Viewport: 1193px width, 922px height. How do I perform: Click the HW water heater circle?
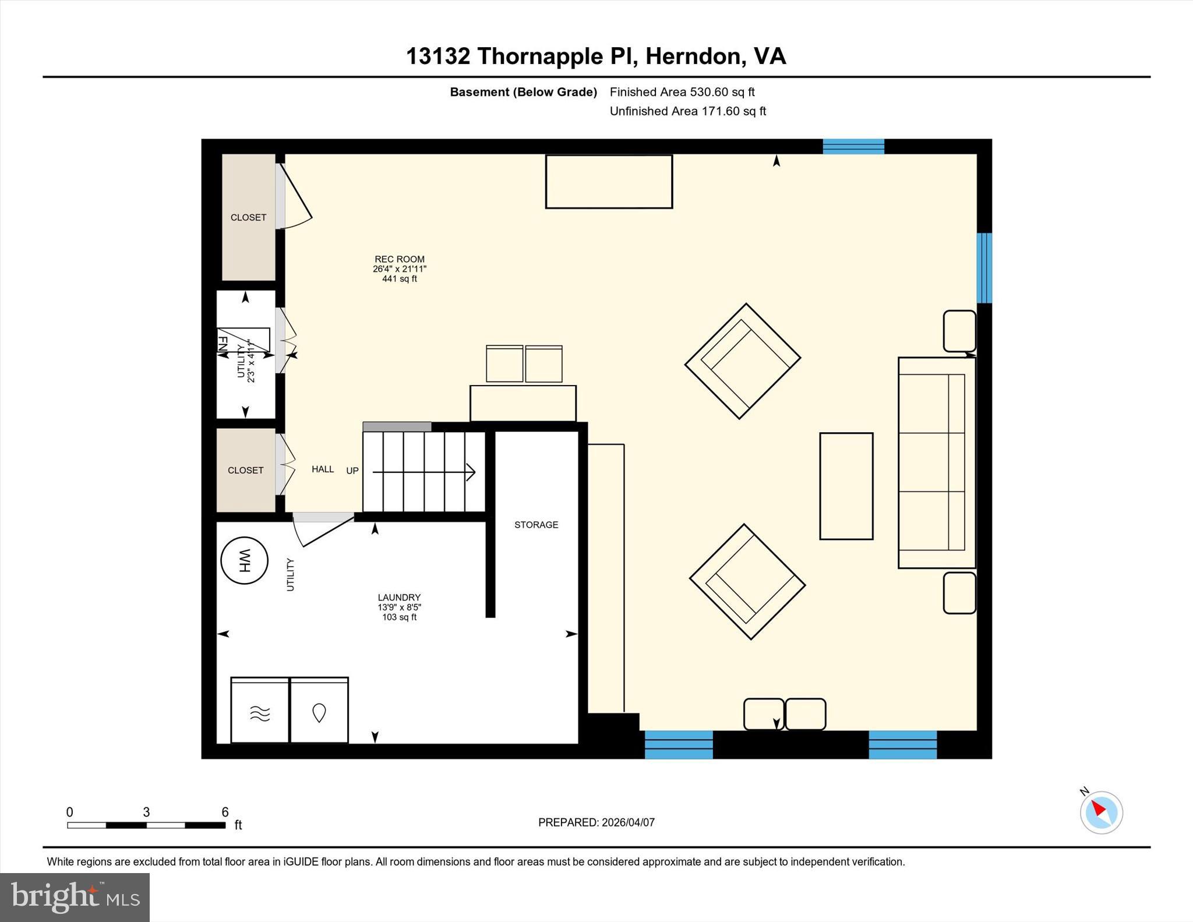pos(244,560)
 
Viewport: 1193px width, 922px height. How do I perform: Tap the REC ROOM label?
pos(400,259)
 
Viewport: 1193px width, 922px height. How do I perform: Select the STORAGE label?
pos(536,525)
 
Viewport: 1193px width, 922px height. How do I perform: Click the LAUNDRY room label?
pos(399,598)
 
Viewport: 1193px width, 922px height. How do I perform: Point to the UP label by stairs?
pos(352,471)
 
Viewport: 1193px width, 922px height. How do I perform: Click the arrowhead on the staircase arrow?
pos(471,472)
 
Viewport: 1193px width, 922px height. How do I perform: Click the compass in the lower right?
pos(1101,813)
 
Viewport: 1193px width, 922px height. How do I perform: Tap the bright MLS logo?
pos(75,897)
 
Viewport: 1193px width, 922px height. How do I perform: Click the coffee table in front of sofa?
pos(846,486)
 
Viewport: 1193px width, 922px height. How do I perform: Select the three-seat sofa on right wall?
pos(936,462)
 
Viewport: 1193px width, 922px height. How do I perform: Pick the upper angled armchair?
pos(743,361)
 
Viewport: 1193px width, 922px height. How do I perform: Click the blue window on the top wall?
pos(853,146)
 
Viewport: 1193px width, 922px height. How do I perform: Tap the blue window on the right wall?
pos(984,268)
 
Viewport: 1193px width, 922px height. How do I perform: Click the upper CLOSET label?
pos(248,217)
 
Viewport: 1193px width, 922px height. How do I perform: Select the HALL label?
pos(323,469)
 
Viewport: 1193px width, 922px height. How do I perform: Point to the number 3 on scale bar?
pos(146,812)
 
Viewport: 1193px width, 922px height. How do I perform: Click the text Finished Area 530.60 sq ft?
pos(682,92)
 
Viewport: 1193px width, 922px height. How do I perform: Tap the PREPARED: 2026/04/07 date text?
pos(596,822)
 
